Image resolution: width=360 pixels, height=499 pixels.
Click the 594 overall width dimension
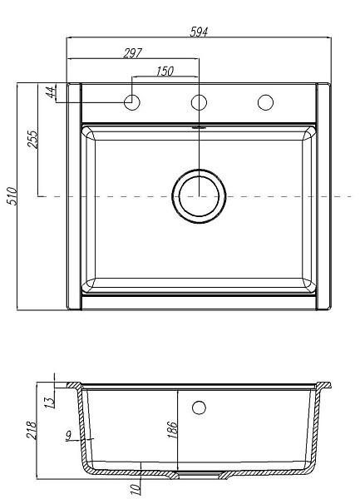198,32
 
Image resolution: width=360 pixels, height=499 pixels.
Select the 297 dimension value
131,52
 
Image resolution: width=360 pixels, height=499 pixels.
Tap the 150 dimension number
165,72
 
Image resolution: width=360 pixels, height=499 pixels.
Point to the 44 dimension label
51,92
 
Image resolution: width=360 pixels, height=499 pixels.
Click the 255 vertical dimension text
33,139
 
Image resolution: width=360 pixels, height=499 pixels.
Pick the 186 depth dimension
172,430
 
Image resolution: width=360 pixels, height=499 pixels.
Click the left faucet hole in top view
132,102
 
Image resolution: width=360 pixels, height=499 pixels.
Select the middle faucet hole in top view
199,102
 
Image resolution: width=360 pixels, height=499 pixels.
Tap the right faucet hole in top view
265,102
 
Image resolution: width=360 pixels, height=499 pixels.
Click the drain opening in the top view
199,197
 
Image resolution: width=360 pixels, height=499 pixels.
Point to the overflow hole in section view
199,407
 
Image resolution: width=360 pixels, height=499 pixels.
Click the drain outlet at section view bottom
199,477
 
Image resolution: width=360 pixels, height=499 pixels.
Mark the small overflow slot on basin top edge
199,128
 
